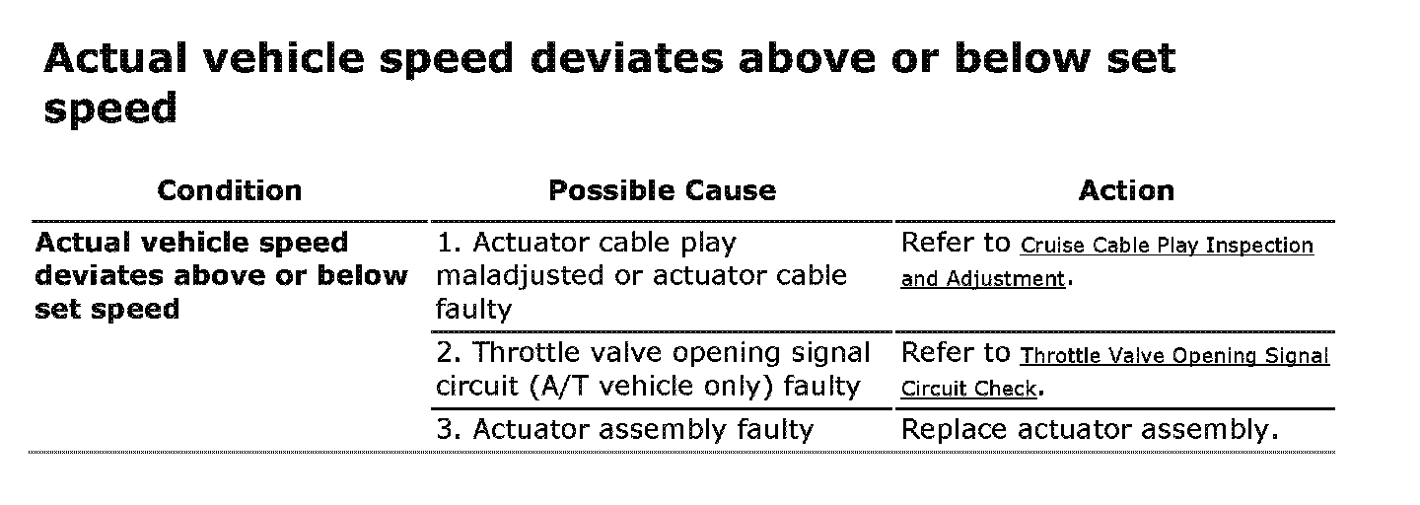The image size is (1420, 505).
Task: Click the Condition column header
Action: [x=229, y=190]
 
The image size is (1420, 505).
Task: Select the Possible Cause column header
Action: [x=662, y=190]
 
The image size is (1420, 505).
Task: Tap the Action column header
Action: [x=1126, y=190]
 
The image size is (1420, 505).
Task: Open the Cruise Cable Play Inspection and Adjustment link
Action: [x=1167, y=247]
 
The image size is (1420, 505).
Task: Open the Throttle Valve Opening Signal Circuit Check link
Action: [x=1174, y=356]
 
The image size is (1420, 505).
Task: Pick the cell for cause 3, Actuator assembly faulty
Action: [x=625, y=430]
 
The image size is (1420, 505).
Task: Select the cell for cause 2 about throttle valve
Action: [x=653, y=370]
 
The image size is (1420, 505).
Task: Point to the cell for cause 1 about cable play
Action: [x=641, y=276]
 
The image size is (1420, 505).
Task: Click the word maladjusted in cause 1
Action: [x=520, y=276]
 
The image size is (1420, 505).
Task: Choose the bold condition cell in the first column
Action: [x=221, y=276]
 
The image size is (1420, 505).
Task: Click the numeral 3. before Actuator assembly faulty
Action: [x=449, y=430]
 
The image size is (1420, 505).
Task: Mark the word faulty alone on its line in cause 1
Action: [x=473, y=311]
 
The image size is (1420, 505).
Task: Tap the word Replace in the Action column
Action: [x=954, y=430]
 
